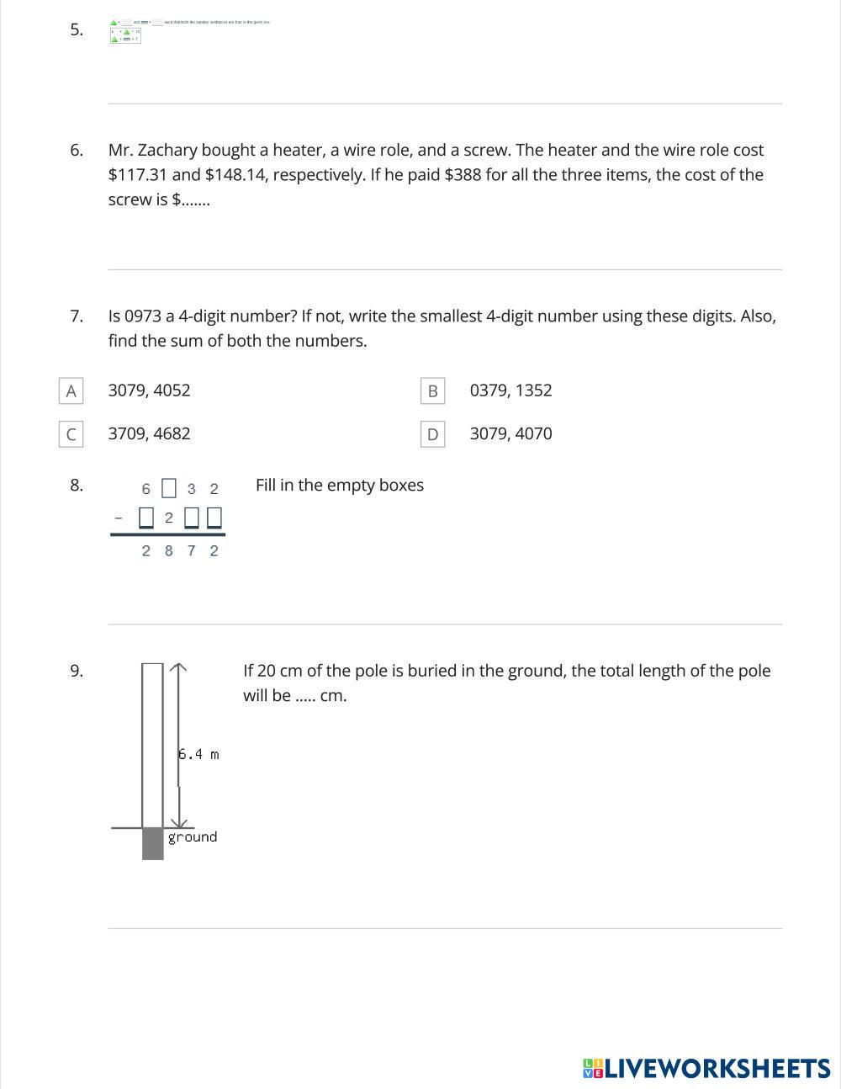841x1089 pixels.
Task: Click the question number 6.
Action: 76,151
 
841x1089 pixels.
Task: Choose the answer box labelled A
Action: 71,390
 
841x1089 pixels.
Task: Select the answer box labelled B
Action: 432,390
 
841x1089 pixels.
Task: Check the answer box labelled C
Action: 71,434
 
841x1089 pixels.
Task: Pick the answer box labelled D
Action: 432,434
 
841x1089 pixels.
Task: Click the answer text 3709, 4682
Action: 149,434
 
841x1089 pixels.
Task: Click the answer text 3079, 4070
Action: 510,434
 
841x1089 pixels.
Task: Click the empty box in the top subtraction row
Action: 169,488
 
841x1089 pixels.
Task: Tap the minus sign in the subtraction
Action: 118,518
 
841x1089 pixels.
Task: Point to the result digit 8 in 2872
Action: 169,550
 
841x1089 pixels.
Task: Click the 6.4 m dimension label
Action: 199,754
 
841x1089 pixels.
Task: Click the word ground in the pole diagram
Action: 193,837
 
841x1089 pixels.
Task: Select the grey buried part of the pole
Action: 152,843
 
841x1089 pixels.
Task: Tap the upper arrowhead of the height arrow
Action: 177,667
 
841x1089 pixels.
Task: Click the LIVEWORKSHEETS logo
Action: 706,1069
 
